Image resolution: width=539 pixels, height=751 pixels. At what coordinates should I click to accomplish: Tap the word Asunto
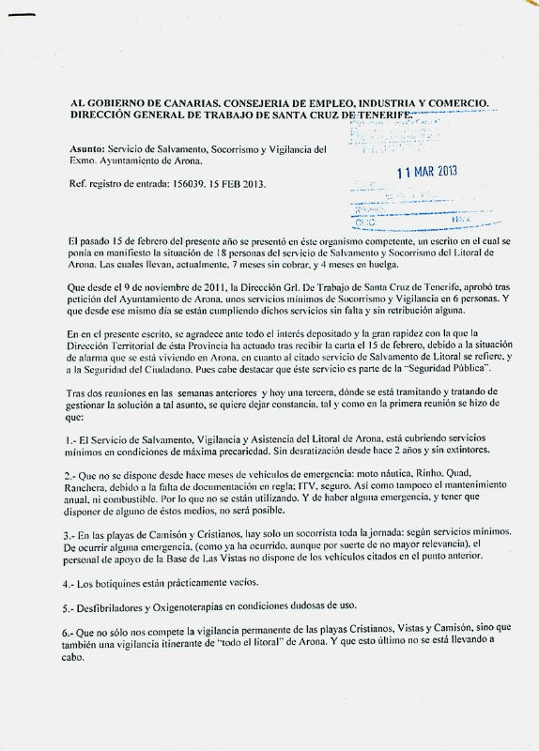click(86, 148)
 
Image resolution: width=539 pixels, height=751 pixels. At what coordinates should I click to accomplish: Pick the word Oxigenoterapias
click(219, 607)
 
